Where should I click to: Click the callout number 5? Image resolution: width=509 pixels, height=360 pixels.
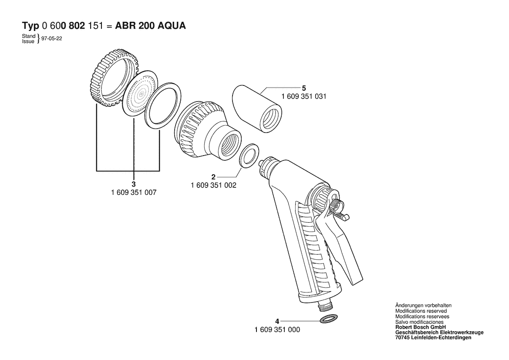pos(304,88)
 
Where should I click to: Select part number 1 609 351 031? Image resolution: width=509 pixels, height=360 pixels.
pos(304,96)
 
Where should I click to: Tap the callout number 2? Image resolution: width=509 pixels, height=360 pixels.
pos(213,177)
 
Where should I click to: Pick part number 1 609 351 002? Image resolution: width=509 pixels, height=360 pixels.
pos(214,186)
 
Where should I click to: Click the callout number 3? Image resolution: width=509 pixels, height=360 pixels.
pos(133,184)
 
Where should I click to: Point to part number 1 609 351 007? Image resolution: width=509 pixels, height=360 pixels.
pos(134,193)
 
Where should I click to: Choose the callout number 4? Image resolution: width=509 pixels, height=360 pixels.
pos(277,321)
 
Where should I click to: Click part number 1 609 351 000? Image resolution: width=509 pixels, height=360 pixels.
pos(277,330)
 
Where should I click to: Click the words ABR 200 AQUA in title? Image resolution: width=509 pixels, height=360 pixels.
pos(151,26)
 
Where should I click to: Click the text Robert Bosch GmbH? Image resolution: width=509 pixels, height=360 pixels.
pos(420,327)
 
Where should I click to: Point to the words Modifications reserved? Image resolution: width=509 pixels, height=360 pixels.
pos(421,311)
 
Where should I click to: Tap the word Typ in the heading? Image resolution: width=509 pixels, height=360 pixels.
pos(30,26)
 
